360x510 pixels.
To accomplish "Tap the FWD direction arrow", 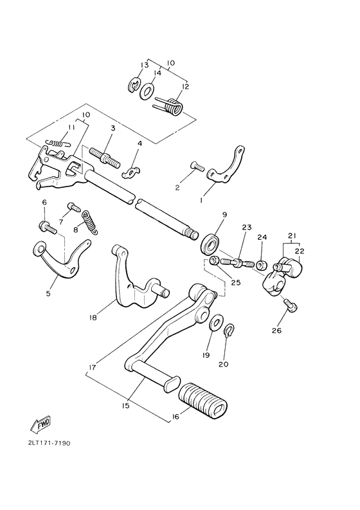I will tap(40, 425).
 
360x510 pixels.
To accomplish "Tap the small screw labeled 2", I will tap(195, 166).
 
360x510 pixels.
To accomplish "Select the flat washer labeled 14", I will tap(147, 91).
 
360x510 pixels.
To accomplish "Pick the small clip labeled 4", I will tap(132, 172).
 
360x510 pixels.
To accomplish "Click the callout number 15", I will tap(126, 406).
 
